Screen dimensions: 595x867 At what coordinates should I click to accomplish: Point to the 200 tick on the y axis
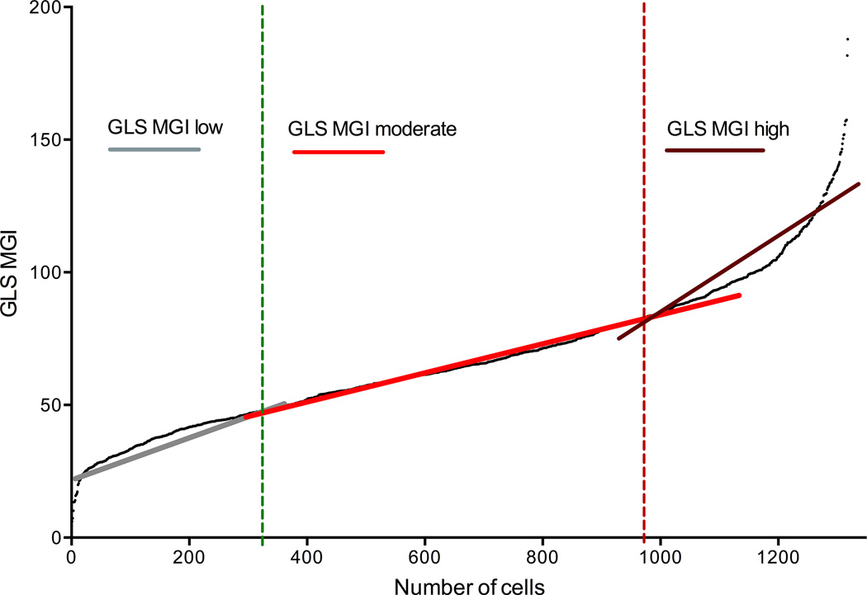pyautogui.click(x=46, y=7)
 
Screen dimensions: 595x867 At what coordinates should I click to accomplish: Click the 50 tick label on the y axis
pyautogui.click(x=50, y=404)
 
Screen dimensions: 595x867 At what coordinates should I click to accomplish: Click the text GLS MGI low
pyautogui.click(x=166, y=128)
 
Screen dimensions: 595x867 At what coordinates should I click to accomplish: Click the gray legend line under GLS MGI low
pyautogui.click(x=154, y=149)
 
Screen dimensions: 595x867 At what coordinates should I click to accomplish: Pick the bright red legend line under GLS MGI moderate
pyautogui.click(x=339, y=152)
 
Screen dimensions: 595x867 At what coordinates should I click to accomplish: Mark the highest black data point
pyautogui.click(x=847, y=40)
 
